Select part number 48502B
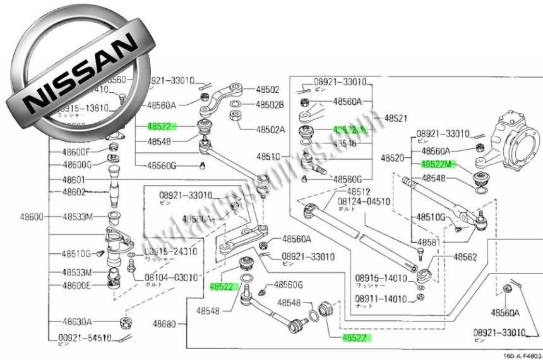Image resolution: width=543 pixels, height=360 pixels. pos(270,104)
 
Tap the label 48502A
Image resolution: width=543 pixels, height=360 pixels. pos(270,129)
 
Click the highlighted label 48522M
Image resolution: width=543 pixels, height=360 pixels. pos(437,164)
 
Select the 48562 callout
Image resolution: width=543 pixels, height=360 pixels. pos(464,257)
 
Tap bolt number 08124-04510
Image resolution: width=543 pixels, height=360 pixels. pos(364,202)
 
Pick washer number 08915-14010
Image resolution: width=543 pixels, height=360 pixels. pos(381,278)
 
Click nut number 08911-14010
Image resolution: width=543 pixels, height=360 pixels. pos(381,298)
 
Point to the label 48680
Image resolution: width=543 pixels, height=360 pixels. pos(165,323)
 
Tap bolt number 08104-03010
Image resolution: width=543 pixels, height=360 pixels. pos(172,277)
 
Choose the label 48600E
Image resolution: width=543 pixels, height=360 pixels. pos(77,285)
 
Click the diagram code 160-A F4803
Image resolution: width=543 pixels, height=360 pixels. pos(522,356)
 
